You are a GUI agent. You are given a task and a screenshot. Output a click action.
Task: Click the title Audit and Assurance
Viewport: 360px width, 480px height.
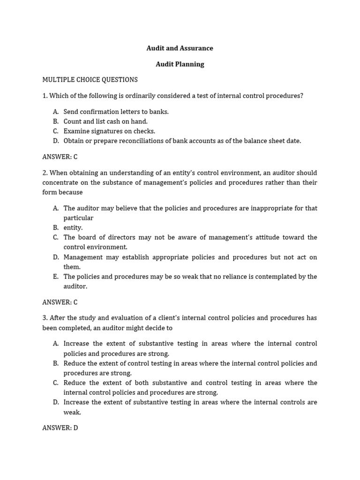[180, 48]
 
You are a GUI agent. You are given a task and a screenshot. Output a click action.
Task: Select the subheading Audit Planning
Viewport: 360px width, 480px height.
[180, 64]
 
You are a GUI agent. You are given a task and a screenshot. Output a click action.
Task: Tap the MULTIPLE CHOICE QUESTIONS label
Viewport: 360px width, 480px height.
[90, 80]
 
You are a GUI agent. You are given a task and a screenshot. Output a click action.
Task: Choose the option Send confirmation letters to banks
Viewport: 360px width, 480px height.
[116, 112]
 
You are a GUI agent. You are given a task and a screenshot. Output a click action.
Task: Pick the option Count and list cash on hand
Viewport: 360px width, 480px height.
[105, 121]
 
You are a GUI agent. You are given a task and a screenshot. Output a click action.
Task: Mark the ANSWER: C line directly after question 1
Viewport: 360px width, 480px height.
[60, 157]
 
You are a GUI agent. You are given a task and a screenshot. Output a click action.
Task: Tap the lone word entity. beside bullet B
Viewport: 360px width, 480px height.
[73, 227]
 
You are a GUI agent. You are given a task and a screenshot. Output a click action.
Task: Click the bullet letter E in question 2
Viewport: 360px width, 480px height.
[56, 277]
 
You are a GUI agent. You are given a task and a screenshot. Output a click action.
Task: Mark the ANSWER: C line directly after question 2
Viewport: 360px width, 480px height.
[60, 302]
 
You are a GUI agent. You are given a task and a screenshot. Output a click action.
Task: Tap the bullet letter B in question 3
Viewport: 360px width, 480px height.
[56, 363]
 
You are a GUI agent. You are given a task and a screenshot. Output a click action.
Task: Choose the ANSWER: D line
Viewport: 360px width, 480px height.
[60, 428]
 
